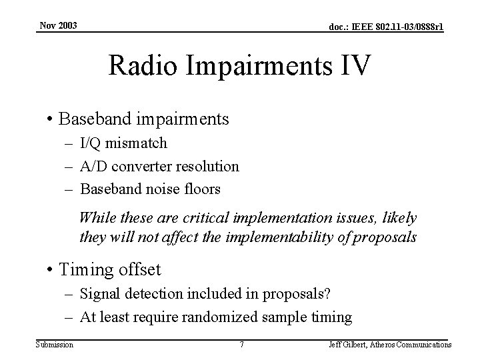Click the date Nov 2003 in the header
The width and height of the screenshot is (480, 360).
[58, 25]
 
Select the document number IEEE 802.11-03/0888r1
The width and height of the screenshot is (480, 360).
[385, 27]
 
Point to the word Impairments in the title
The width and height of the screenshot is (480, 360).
[257, 67]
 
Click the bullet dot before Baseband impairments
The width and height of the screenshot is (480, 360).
[51, 119]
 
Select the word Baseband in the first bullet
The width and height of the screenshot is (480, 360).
[91, 119]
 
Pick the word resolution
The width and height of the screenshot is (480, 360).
[206, 166]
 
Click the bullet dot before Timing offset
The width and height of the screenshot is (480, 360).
[51, 270]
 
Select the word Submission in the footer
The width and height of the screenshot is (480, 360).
[55, 345]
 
